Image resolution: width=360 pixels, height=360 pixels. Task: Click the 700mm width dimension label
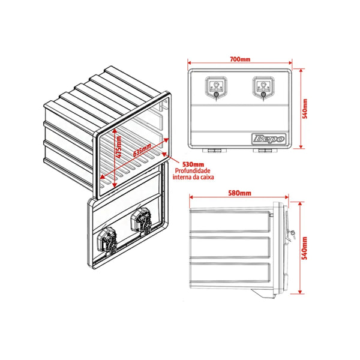(x=240, y=59)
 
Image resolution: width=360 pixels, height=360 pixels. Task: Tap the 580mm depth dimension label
(x=239, y=193)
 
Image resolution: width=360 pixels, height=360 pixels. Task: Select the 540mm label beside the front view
(x=305, y=109)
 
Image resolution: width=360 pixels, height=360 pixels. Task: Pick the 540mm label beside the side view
(x=304, y=248)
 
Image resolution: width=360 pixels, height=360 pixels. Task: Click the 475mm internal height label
(x=119, y=147)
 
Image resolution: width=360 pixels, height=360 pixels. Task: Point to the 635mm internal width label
(x=142, y=150)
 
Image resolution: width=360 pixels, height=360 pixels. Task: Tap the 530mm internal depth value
(x=193, y=164)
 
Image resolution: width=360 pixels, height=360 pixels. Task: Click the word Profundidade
(x=193, y=171)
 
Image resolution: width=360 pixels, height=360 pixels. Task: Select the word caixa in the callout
(x=206, y=177)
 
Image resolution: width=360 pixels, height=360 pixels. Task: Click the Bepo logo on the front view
(x=269, y=139)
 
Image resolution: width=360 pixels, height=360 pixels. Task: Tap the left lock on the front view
(x=216, y=89)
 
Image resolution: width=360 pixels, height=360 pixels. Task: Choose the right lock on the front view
(x=263, y=89)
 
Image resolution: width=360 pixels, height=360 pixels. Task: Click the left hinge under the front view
(x=214, y=151)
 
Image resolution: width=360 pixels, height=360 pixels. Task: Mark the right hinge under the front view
(x=265, y=151)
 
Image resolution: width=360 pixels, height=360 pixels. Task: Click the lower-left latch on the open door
(x=107, y=241)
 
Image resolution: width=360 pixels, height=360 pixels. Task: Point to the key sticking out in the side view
(x=293, y=235)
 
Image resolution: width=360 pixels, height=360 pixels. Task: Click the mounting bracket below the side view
(x=263, y=293)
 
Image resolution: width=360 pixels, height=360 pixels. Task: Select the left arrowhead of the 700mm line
(x=190, y=62)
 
